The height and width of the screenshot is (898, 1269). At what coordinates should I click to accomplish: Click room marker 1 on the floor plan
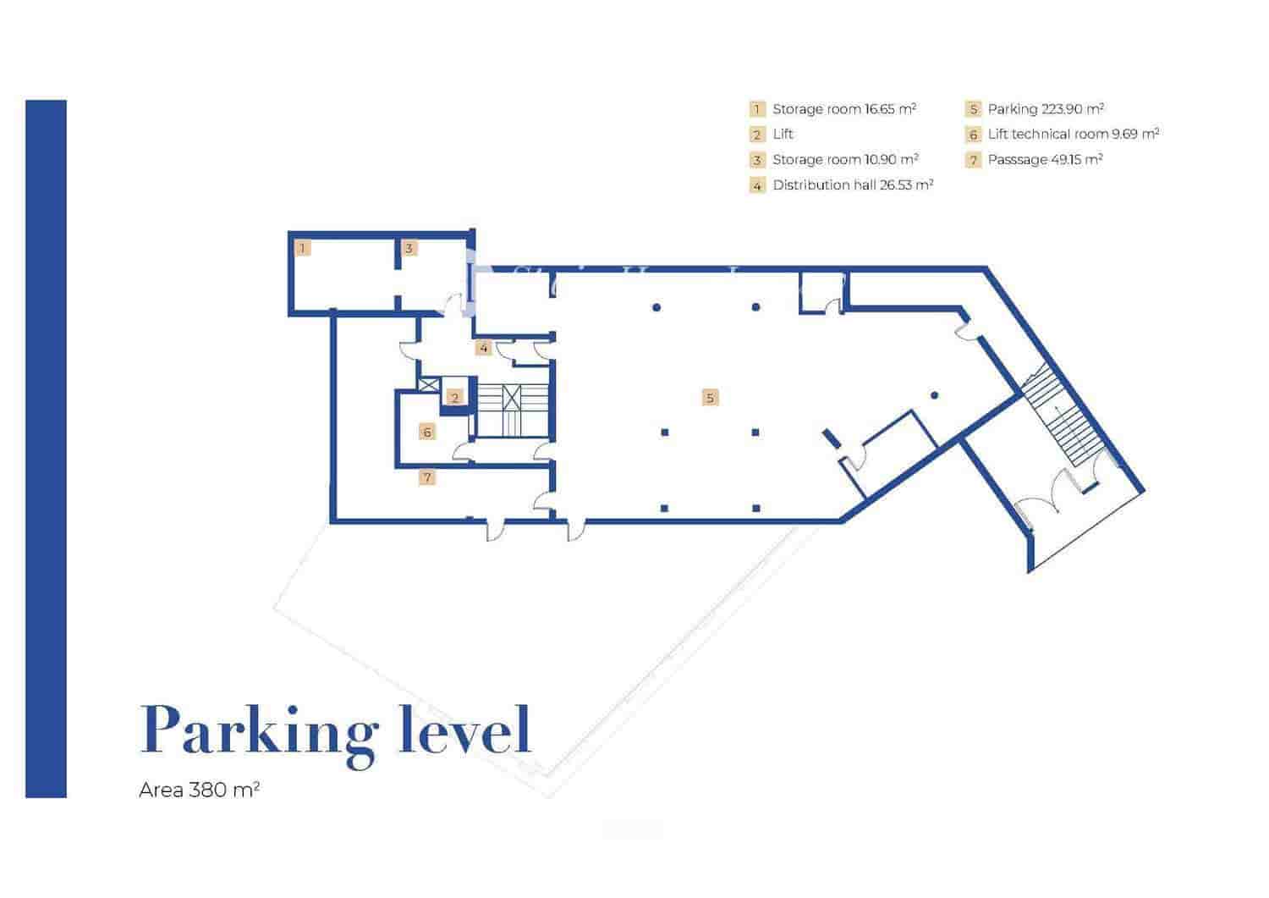[x=303, y=248]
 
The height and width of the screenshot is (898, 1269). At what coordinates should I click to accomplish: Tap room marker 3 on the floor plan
[x=409, y=248]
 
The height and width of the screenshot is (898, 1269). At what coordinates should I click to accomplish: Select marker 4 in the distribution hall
[x=483, y=348]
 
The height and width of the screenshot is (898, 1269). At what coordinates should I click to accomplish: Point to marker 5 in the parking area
[x=710, y=398]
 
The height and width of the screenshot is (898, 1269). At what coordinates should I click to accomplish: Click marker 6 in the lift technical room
[x=427, y=432]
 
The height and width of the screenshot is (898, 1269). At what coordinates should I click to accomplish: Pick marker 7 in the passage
[x=427, y=477]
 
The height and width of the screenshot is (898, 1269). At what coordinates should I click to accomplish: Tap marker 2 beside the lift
[x=455, y=397]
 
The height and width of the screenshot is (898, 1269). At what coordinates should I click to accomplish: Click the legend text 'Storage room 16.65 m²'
[x=843, y=109]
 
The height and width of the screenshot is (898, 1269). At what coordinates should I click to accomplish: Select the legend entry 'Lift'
[x=783, y=135]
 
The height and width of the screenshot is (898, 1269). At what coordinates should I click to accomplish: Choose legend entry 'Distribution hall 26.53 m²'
[x=852, y=185]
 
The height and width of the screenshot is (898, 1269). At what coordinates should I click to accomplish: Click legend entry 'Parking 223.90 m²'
[x=1046, y=109]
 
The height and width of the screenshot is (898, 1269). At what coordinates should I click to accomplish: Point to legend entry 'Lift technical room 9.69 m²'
[x=1073, y=135]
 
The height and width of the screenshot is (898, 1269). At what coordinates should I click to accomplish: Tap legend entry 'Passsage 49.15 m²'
[x=1045, y=160]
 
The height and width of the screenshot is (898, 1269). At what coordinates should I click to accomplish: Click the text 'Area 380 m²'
[x=199, y=791]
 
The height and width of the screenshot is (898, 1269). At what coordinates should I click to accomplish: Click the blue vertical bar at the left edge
[x=46, y=449]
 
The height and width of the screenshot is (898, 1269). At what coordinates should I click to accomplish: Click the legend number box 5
[x=973, y=109]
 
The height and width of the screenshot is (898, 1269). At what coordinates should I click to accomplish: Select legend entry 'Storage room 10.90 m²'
[x=845, y=160]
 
